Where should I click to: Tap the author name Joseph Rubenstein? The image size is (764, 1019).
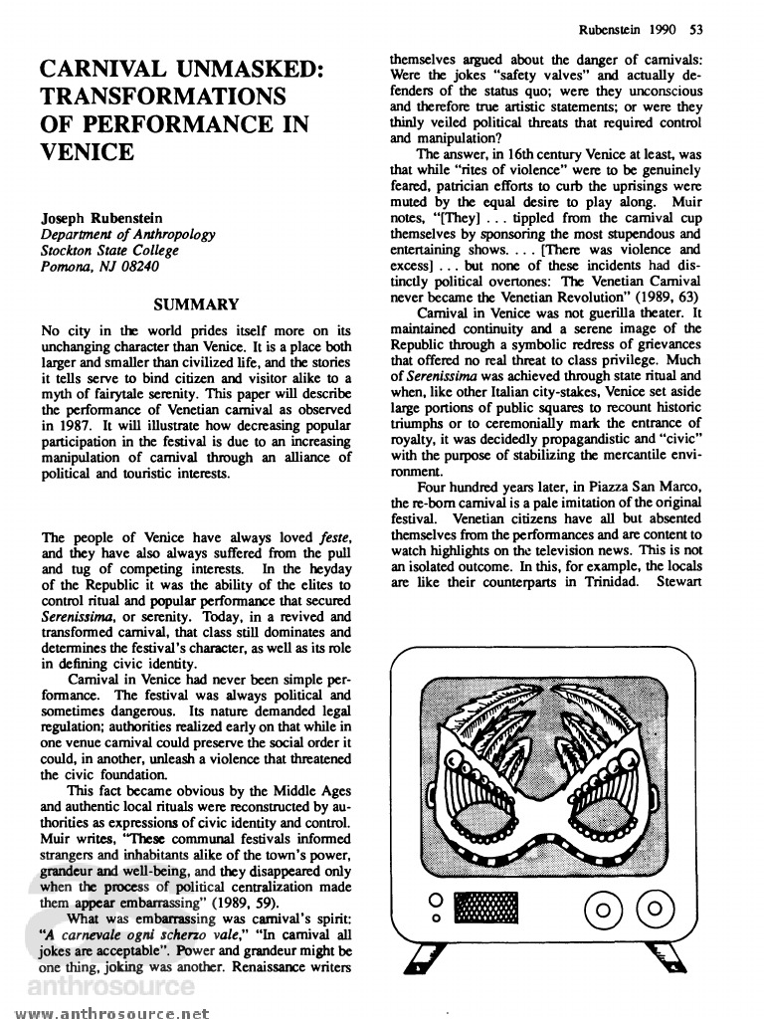pos(104,218)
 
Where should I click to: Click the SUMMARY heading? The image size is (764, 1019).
pos(196,305)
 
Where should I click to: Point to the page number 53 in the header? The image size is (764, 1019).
pos(696,28)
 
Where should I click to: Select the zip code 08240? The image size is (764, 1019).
pos(138,266)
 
